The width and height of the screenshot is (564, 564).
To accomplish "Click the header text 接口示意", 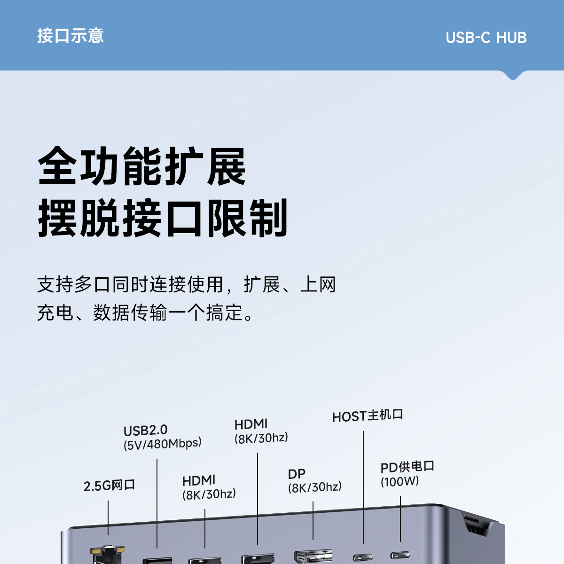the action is tap(70, 36).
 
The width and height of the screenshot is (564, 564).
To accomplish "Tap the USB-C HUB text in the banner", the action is tap(486, 38).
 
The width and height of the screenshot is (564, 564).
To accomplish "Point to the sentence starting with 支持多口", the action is tap(187, 285).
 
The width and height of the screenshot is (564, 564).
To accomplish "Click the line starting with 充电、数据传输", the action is tap(146, 313).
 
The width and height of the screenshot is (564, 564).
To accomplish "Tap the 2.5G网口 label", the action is tap(109, 485).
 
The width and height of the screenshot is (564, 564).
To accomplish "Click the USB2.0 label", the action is tap(145, 431).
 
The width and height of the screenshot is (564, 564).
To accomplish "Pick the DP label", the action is tap(297, 474).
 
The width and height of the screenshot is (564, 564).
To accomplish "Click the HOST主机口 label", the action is tap(367, 416).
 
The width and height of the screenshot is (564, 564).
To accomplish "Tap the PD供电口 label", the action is tap(407, 467).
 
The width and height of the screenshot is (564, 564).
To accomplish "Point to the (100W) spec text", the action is tap(399, 481).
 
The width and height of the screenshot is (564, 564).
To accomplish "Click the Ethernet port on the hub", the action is tap(108, 555).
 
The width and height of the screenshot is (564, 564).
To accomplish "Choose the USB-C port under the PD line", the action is tap(400, 556).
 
